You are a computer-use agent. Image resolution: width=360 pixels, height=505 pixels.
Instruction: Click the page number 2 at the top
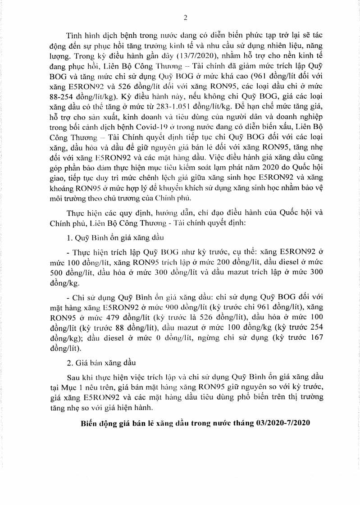tap(185, 18)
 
